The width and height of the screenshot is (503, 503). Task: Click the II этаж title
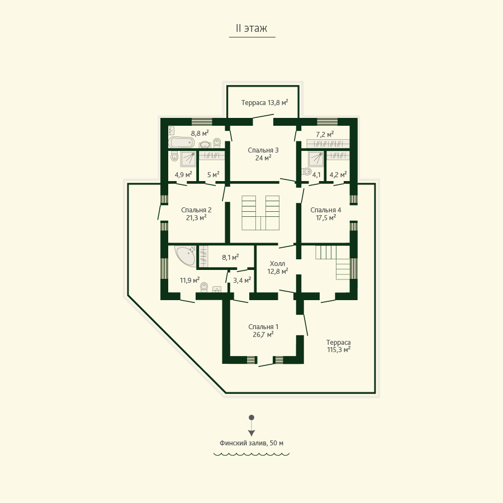251,29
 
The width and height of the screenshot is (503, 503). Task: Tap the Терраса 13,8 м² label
265,103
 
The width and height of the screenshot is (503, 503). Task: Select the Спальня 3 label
263,150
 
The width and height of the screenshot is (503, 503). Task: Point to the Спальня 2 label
196,210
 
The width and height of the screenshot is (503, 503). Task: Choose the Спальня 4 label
326,210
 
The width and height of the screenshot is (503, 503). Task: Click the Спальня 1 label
263,327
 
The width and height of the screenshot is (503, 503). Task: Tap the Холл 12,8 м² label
277,268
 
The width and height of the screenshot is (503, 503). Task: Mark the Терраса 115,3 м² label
339,346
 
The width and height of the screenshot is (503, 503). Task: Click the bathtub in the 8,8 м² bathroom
181,142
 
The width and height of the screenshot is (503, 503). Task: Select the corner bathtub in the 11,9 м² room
186,255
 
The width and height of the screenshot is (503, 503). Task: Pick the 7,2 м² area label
325,134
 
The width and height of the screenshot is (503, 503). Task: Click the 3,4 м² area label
242,281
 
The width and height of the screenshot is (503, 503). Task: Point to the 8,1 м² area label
230,257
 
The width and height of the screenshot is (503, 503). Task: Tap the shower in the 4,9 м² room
188,159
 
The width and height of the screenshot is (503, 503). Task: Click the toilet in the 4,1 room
306,172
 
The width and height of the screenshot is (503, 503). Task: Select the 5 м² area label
213,174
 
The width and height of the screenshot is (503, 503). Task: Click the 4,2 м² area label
338,175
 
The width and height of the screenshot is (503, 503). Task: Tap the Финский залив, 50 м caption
251,443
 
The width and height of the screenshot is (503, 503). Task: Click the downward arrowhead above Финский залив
251,433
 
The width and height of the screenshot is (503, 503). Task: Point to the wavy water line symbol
251,454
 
